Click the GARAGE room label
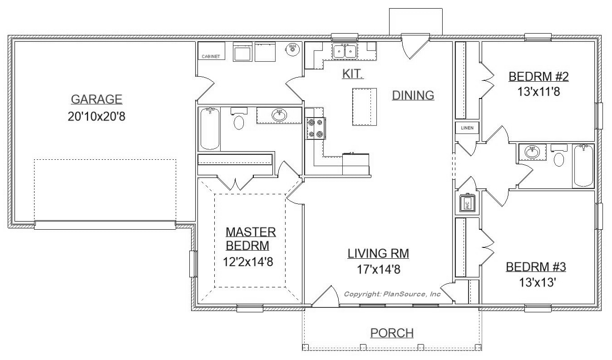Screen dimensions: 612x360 pyautogui.click(x=96, y=99)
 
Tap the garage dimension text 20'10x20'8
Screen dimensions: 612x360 pyautogui.click(x=96, y=117)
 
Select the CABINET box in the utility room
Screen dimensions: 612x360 pyautogui.click(x=212, y=51)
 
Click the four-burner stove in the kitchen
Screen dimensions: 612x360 pyautogui.click(x=316, y=128)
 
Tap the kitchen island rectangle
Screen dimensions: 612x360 pyautogui.click(x=365, y=107)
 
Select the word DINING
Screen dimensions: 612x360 pyautogui.click(x=413, y=95)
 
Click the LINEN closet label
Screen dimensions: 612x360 pyautogui.click(x=467, y=128)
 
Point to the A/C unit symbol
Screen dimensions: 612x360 pyautogui.click(x=467, y=203)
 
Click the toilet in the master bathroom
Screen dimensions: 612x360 pyautogui.click(x=239, y=119)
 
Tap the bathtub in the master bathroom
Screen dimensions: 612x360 pyautogui.click(x=210, y=128)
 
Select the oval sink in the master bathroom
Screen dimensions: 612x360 pyautogui.click(x=279, y=115)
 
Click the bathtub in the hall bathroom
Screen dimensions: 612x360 pyautogui.click(x=583, y=166)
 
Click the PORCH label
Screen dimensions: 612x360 pyautogui.click(x=392, y=333)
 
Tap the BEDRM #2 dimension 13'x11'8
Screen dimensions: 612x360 pyautogui.click(x=539, y=92)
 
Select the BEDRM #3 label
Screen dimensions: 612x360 pyautogui.click(x=536, y=267)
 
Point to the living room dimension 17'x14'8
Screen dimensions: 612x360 pyautogui.click(x=379, y=269)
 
